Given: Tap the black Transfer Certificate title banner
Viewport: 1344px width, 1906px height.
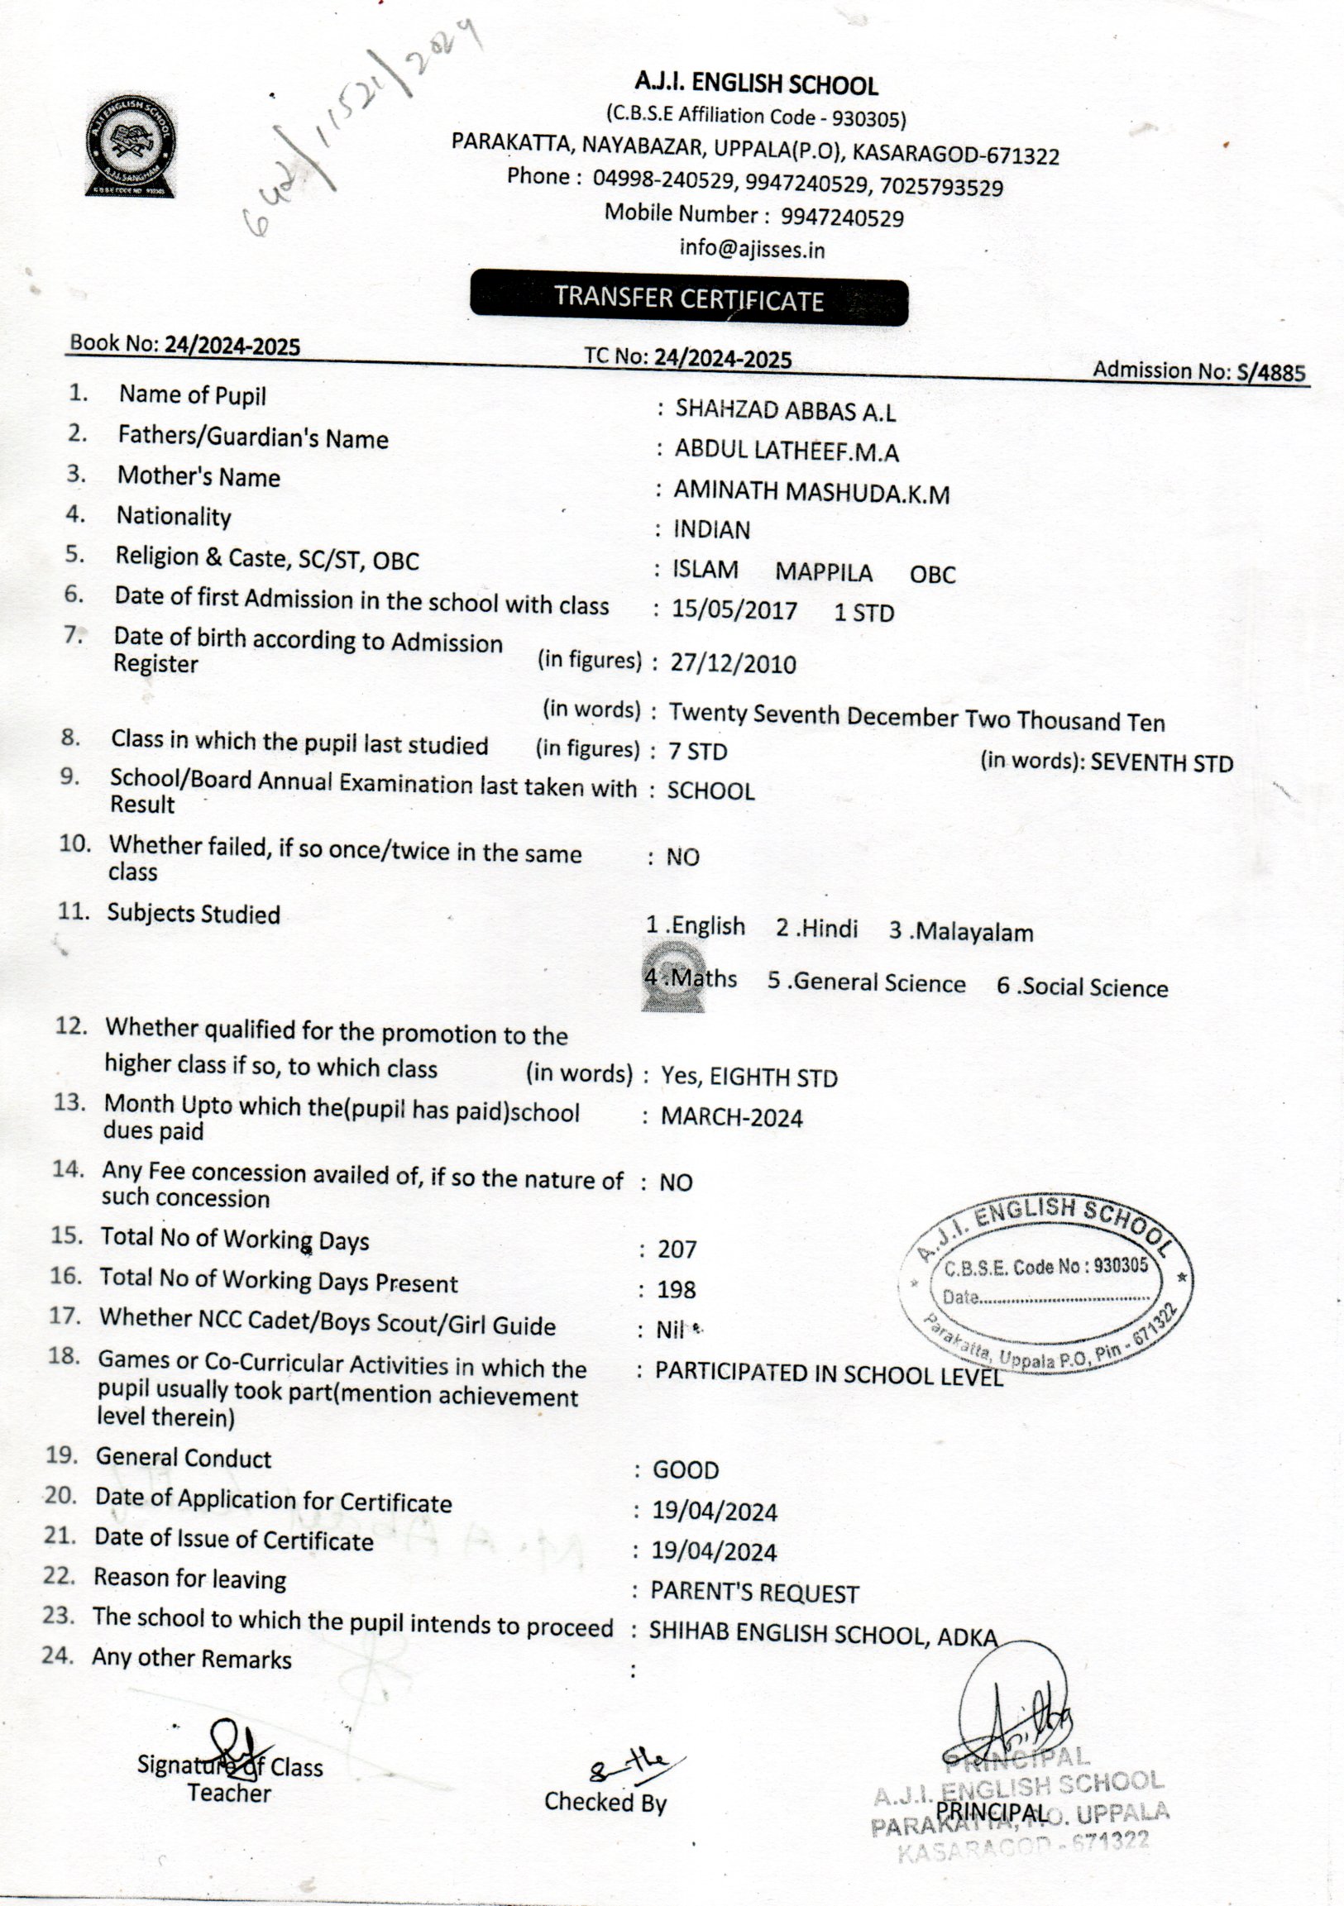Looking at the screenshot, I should tap(688, 298).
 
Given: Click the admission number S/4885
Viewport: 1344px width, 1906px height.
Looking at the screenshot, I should tap(1271, 373).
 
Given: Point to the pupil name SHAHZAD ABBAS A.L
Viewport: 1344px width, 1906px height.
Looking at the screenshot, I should tap(785, 410).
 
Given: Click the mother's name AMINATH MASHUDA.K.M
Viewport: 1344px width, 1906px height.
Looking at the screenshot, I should tap(811, 492).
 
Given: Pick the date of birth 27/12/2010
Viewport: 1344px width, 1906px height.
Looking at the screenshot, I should tap(733, 664).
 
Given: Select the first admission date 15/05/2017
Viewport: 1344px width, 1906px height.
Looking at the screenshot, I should tap(734, 611).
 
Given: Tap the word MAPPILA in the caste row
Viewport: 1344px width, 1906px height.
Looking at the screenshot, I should tap(824, 573).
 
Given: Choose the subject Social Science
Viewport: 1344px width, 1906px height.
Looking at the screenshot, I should tap(1083, 987).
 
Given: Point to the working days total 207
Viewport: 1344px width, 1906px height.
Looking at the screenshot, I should tap(677, 1249).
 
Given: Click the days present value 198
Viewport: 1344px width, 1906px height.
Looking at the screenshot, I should tap(676, 1289).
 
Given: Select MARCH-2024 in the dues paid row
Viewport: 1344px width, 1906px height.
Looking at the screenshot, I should tap(731, 1117).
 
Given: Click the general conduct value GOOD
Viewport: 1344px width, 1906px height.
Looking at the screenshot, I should tap(686, 1470).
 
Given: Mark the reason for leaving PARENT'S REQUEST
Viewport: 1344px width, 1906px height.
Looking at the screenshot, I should tap(753, 1593).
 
